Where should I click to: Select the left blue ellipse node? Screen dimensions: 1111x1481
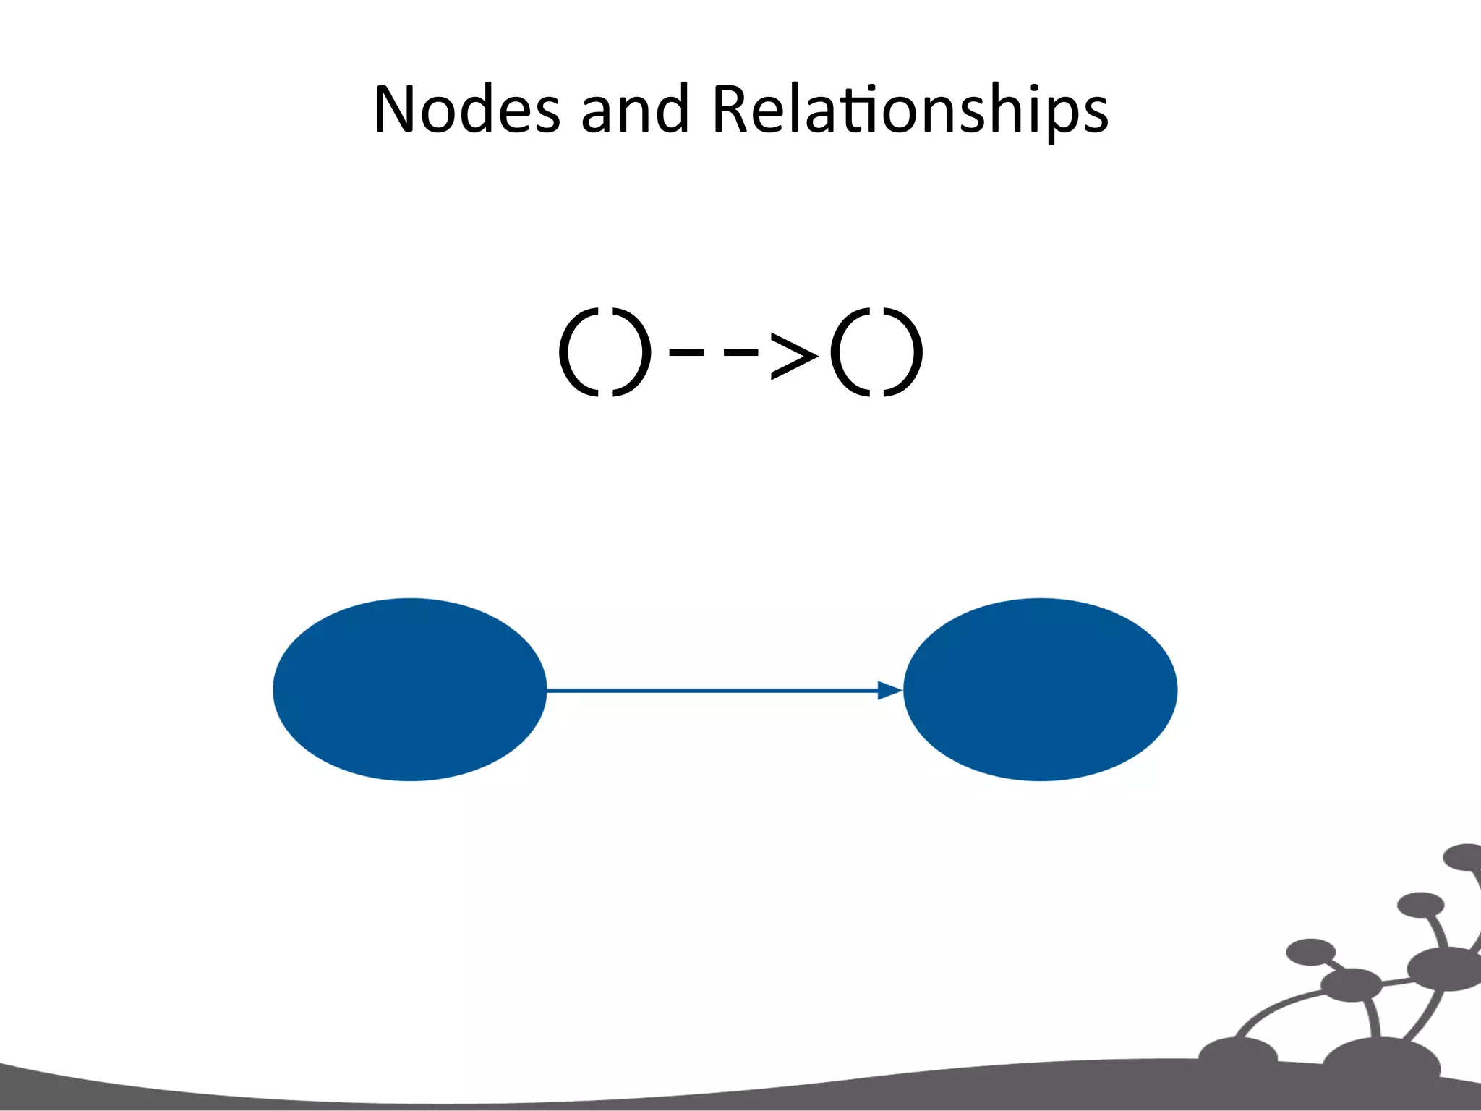coord(410,689)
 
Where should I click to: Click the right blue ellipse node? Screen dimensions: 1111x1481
coord(1040,689)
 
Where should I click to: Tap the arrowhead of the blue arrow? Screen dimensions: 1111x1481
coord(889,690)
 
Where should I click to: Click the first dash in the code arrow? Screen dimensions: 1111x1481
coord(686,353)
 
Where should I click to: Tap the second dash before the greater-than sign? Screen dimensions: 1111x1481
coord(740,353)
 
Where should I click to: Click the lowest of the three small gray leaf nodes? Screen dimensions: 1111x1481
coord(1310,952)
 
